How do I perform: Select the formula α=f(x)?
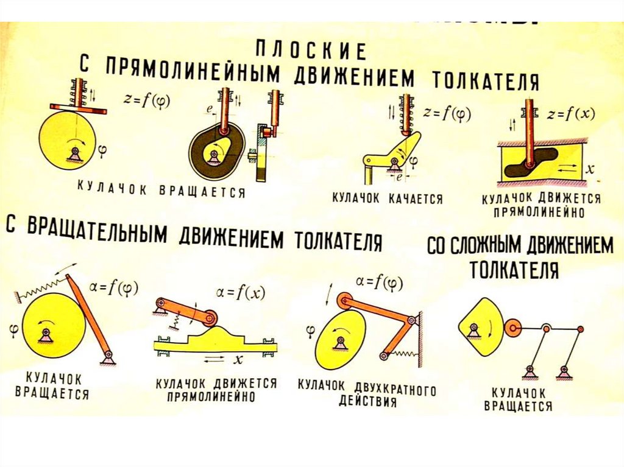point(238,293)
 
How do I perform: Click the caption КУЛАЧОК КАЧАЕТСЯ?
point(387,198)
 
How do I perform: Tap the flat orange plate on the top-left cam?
point(78,109)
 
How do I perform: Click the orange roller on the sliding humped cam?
point(211,318)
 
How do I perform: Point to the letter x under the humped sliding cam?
point(238,360)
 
